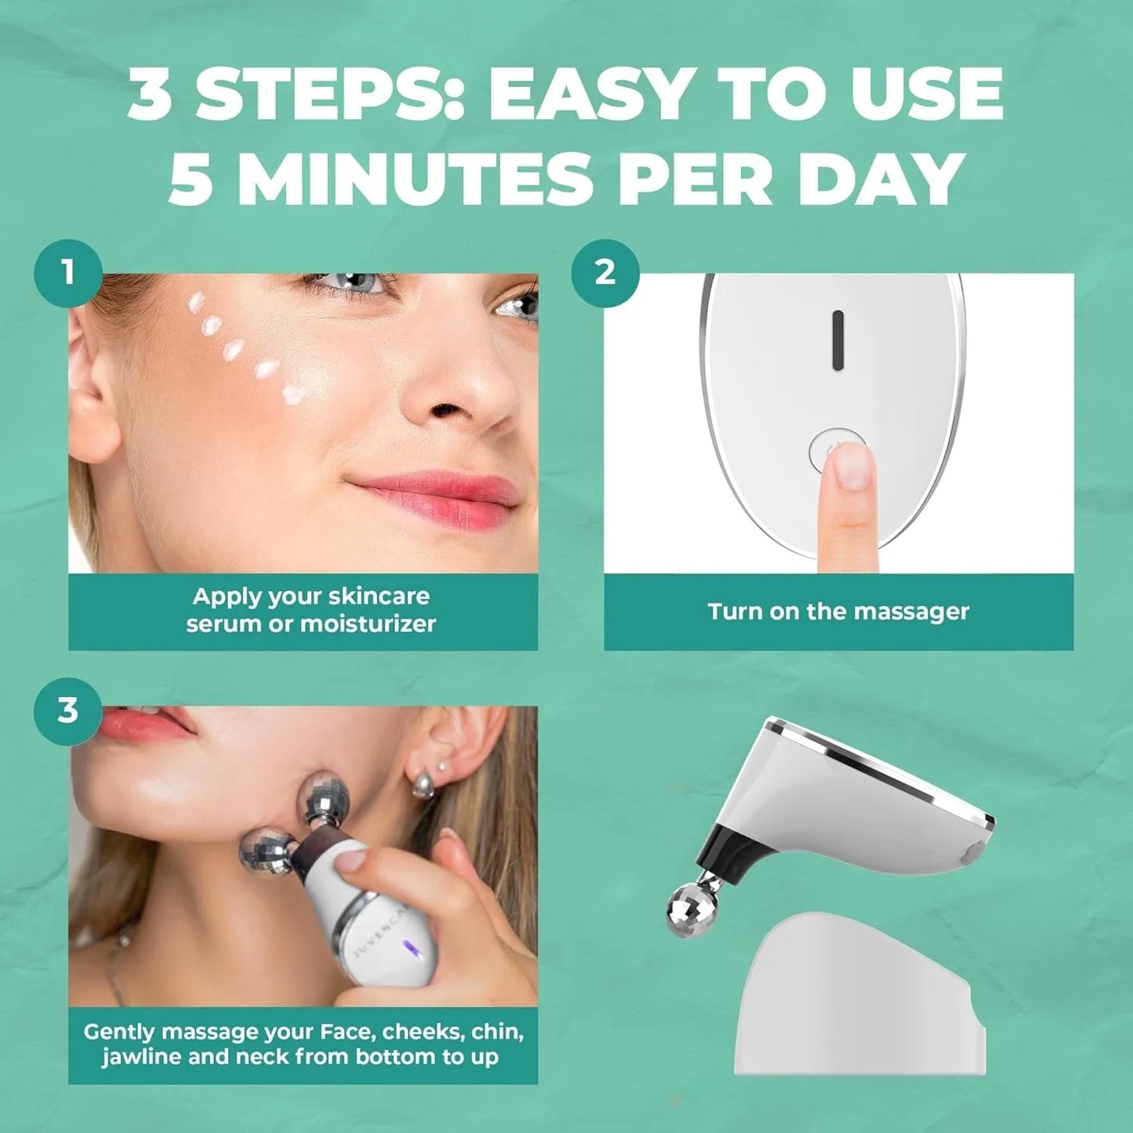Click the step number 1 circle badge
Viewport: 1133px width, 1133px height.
pyautogui.click(x=68, y=273)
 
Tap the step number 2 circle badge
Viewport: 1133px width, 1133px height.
pyautogui.click(x=605, y=273)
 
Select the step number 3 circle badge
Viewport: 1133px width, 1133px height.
pyautogui.click(x=68, y=710)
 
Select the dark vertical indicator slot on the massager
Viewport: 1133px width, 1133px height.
pyautogui.click(x=837, y=340)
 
